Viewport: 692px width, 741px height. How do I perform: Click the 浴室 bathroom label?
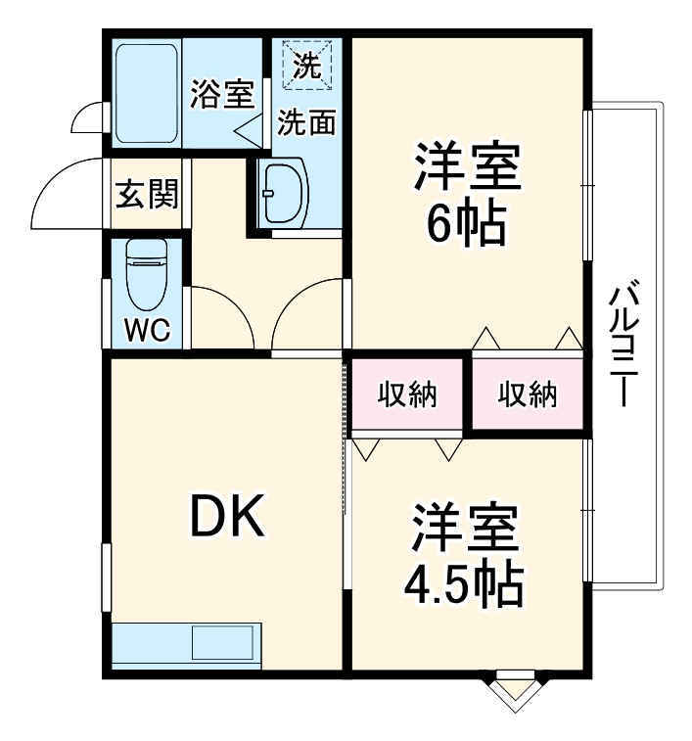click(x=221, y=95)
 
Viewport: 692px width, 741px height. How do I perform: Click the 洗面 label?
click(x=306, y=122)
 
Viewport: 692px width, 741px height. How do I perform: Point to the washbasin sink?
click(x=285, y=192)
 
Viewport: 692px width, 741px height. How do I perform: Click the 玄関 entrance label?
click(x=148, y=194)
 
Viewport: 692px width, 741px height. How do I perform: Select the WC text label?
click(x=147, y=329)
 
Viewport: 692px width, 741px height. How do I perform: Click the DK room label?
click(x=226, y=518)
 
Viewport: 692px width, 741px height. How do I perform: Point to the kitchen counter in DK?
click(x=185, y=645)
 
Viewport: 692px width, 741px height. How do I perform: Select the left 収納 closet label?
click(x=408, y=395)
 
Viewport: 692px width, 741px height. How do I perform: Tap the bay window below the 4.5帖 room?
click(x=513, y=689)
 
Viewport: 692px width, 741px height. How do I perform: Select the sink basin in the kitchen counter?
click(x=223, y=644)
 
